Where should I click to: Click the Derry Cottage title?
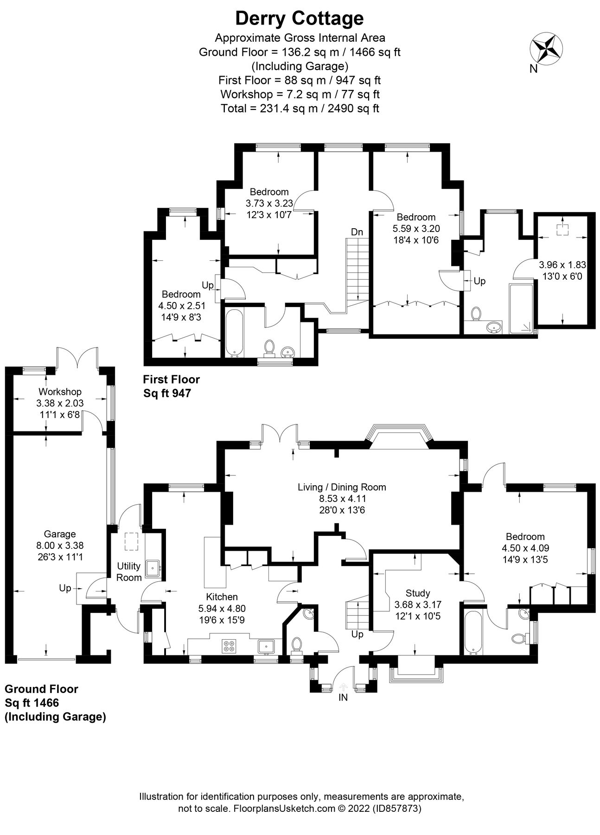(300, 19)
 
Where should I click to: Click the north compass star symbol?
(546, 48)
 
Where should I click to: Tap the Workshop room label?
(60, 392)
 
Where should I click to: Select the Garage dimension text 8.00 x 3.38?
(60, 546)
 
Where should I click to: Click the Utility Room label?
(129, 572)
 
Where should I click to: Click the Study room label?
(418, 593)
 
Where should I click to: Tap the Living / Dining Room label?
(342, 487)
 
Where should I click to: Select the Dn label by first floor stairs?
(357, 232)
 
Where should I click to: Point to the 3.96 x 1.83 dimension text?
(562, 265)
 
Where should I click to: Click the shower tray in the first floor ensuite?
(521, 308)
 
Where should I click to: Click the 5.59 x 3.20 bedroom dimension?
(416, 229)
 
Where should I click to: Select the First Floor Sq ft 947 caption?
(172, 386)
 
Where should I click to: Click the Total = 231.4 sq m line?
(300, 109)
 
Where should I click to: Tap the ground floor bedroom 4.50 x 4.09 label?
(525, 548)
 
